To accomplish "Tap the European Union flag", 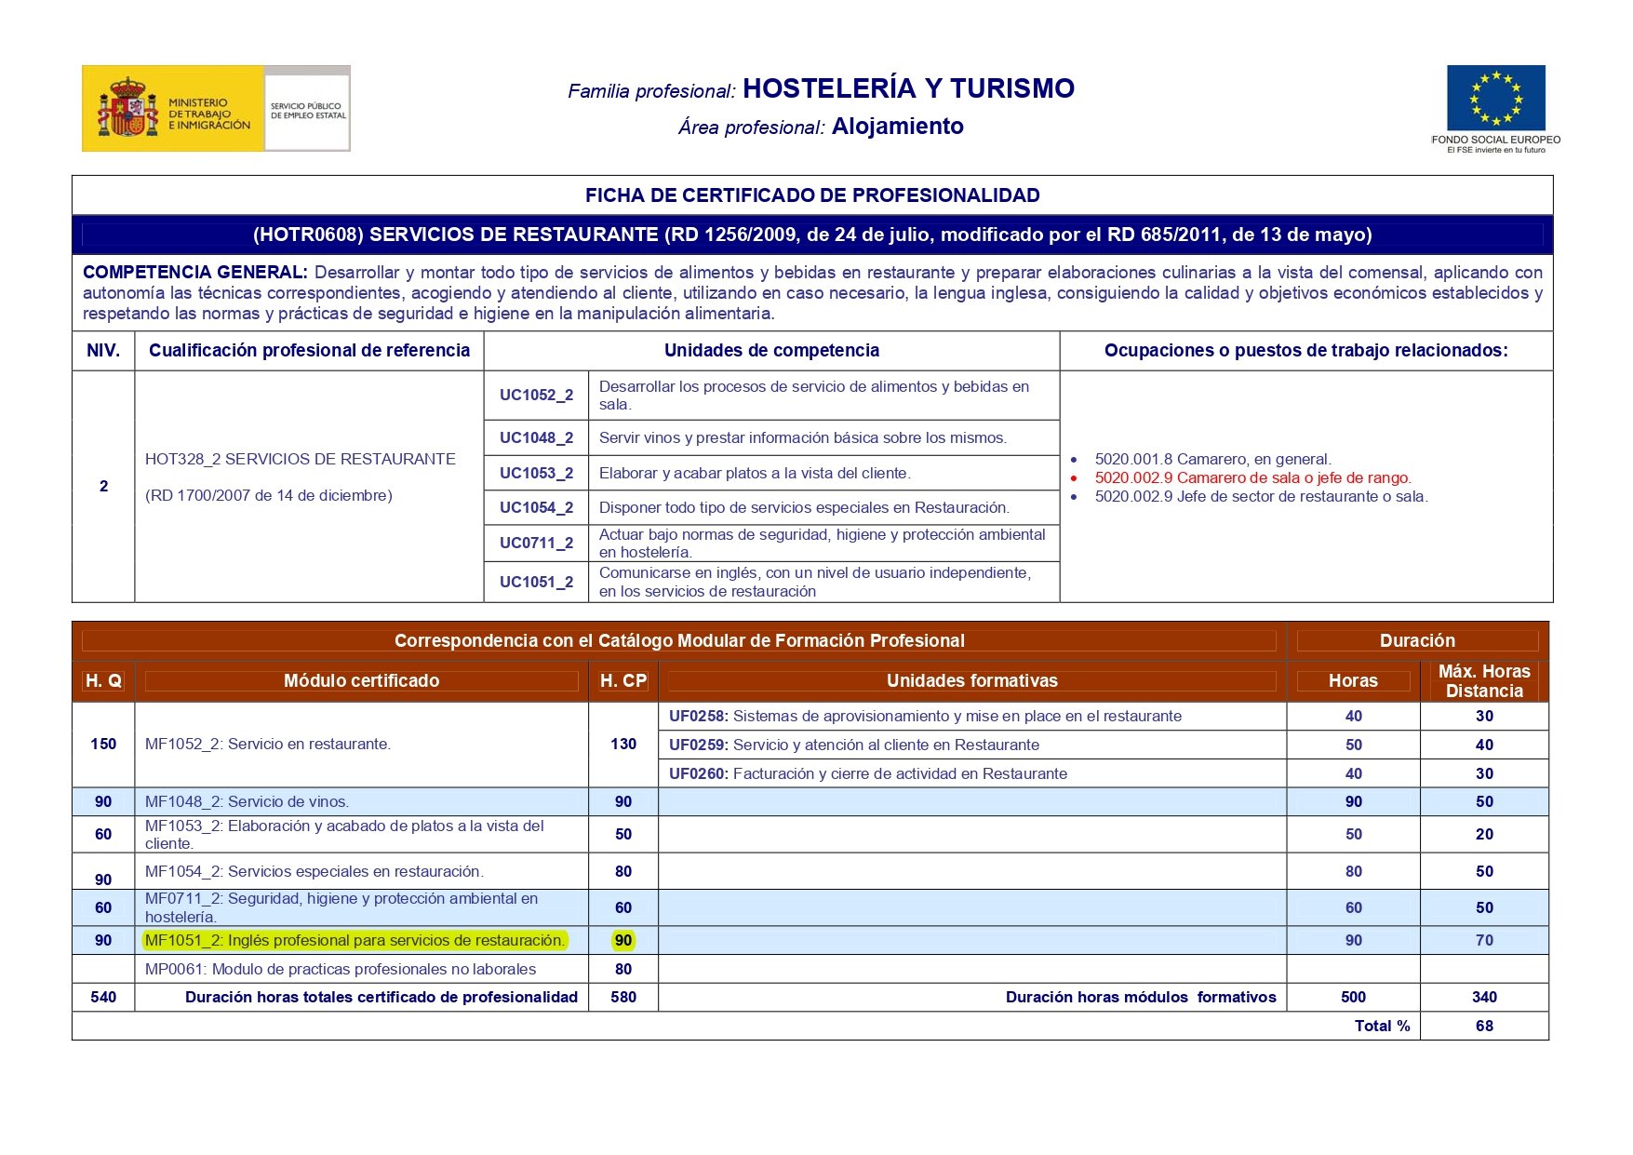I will coord(1495,98).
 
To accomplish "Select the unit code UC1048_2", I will coord(536,438).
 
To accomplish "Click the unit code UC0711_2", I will coord(536,544).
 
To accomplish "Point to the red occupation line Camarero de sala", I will coord(1252,478).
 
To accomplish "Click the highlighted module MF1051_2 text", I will coord(355,941).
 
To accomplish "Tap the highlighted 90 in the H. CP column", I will coord(623,941).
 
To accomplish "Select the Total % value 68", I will coord(1484,1027).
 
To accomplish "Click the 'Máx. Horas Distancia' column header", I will coord(1484,681).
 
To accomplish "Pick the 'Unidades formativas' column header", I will coord(971,681).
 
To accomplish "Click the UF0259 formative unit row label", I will coord(853,745).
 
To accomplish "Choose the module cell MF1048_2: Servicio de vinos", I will coord(247,802).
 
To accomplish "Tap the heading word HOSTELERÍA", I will coord(829,88).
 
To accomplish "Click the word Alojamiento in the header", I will coord(897,127).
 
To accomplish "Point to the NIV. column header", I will coord(103,351).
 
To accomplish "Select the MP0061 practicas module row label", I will coord(341,970).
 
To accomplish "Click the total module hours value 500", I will coord(1353,998).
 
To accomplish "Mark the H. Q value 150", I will coord(103,745).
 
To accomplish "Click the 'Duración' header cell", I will coord(1417,641).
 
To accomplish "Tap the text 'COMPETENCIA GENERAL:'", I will coord(194,273).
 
